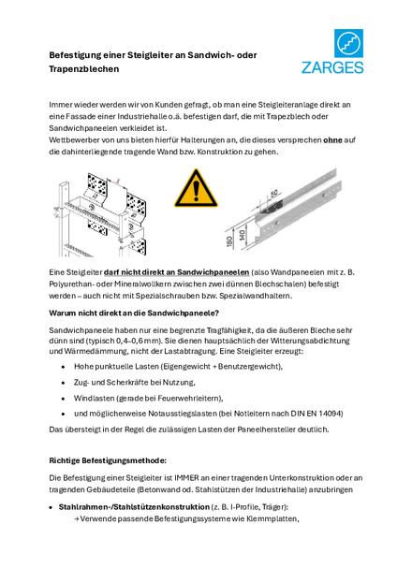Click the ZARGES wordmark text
[332, 67]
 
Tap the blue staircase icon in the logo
[348, 43]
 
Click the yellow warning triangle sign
[196, 188]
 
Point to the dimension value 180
[230, 240]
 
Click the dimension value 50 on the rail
[273, 193]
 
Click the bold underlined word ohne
[332, 140]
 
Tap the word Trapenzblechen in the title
[84, 69]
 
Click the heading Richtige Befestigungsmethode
[108, 460]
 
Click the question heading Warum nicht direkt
[134, 313]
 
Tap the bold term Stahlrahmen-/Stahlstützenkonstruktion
[134, 507]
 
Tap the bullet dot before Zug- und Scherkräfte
[64, 383]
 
